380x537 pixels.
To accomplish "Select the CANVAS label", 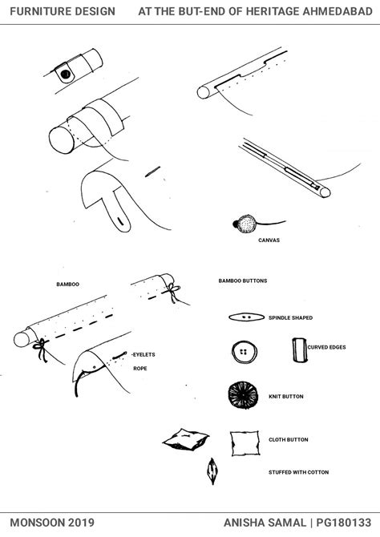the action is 269,240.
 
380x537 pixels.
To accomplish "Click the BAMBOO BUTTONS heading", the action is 243,281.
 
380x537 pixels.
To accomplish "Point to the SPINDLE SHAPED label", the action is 290,318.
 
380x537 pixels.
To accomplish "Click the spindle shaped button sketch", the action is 246,317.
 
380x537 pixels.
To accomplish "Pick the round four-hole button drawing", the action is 244,352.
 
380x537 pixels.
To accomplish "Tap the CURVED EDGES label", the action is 326,347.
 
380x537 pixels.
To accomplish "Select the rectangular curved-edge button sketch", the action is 299,350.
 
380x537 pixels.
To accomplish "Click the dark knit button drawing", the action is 243,396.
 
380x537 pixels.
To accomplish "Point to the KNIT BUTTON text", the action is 285,397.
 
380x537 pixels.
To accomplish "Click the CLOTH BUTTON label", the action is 288,440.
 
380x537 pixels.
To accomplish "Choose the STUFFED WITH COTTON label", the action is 298,472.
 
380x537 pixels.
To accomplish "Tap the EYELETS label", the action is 144,354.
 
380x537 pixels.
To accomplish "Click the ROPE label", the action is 140,369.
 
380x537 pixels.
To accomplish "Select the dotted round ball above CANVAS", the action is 247,224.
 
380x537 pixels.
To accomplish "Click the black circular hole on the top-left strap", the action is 65,74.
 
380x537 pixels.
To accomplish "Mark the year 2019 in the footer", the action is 81,523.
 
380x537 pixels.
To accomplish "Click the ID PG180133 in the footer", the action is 344,523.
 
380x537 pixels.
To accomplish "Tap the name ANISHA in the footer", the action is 244,523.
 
